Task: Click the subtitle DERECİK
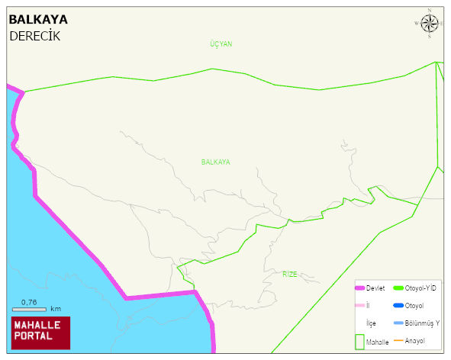(x=34, y=36)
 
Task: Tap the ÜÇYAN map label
(x=221, y=44)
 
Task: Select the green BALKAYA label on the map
(x=215, y=162)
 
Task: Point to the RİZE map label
(x=290, y=274)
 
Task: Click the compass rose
(x=430, y=24)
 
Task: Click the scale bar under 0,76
(x=30, y=309)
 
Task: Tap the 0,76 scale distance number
(x=29, y=301)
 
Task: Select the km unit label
(x=56, y=309)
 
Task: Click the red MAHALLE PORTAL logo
(x=40, y=333)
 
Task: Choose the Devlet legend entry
(x=375, y=288)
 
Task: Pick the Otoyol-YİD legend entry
(x=420, y=288)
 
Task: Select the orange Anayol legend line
(x=398, y=340)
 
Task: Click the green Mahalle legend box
(x=359, y=342)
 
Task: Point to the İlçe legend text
(x=371, y=323)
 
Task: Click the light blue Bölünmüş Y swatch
(x=398, y=323)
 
